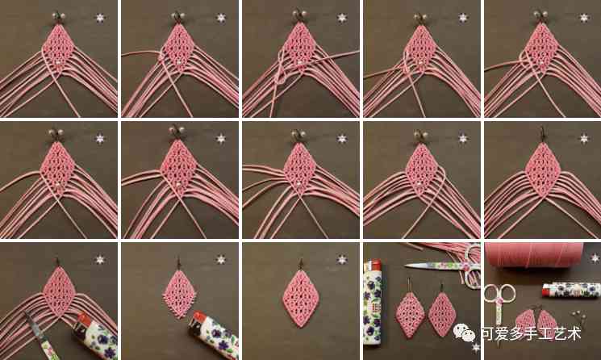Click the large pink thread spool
(534, 254)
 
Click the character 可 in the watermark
(488, 333)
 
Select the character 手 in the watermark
(530, 333)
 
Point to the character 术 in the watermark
(573, 333)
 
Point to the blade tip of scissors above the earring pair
(407, 265)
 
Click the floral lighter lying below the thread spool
(571, 290)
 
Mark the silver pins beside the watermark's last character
(578, 317)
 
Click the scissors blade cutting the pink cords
(35, 324)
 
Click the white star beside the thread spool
(595, 258)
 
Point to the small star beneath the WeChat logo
(476, 348)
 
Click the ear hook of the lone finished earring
(301, 263)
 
